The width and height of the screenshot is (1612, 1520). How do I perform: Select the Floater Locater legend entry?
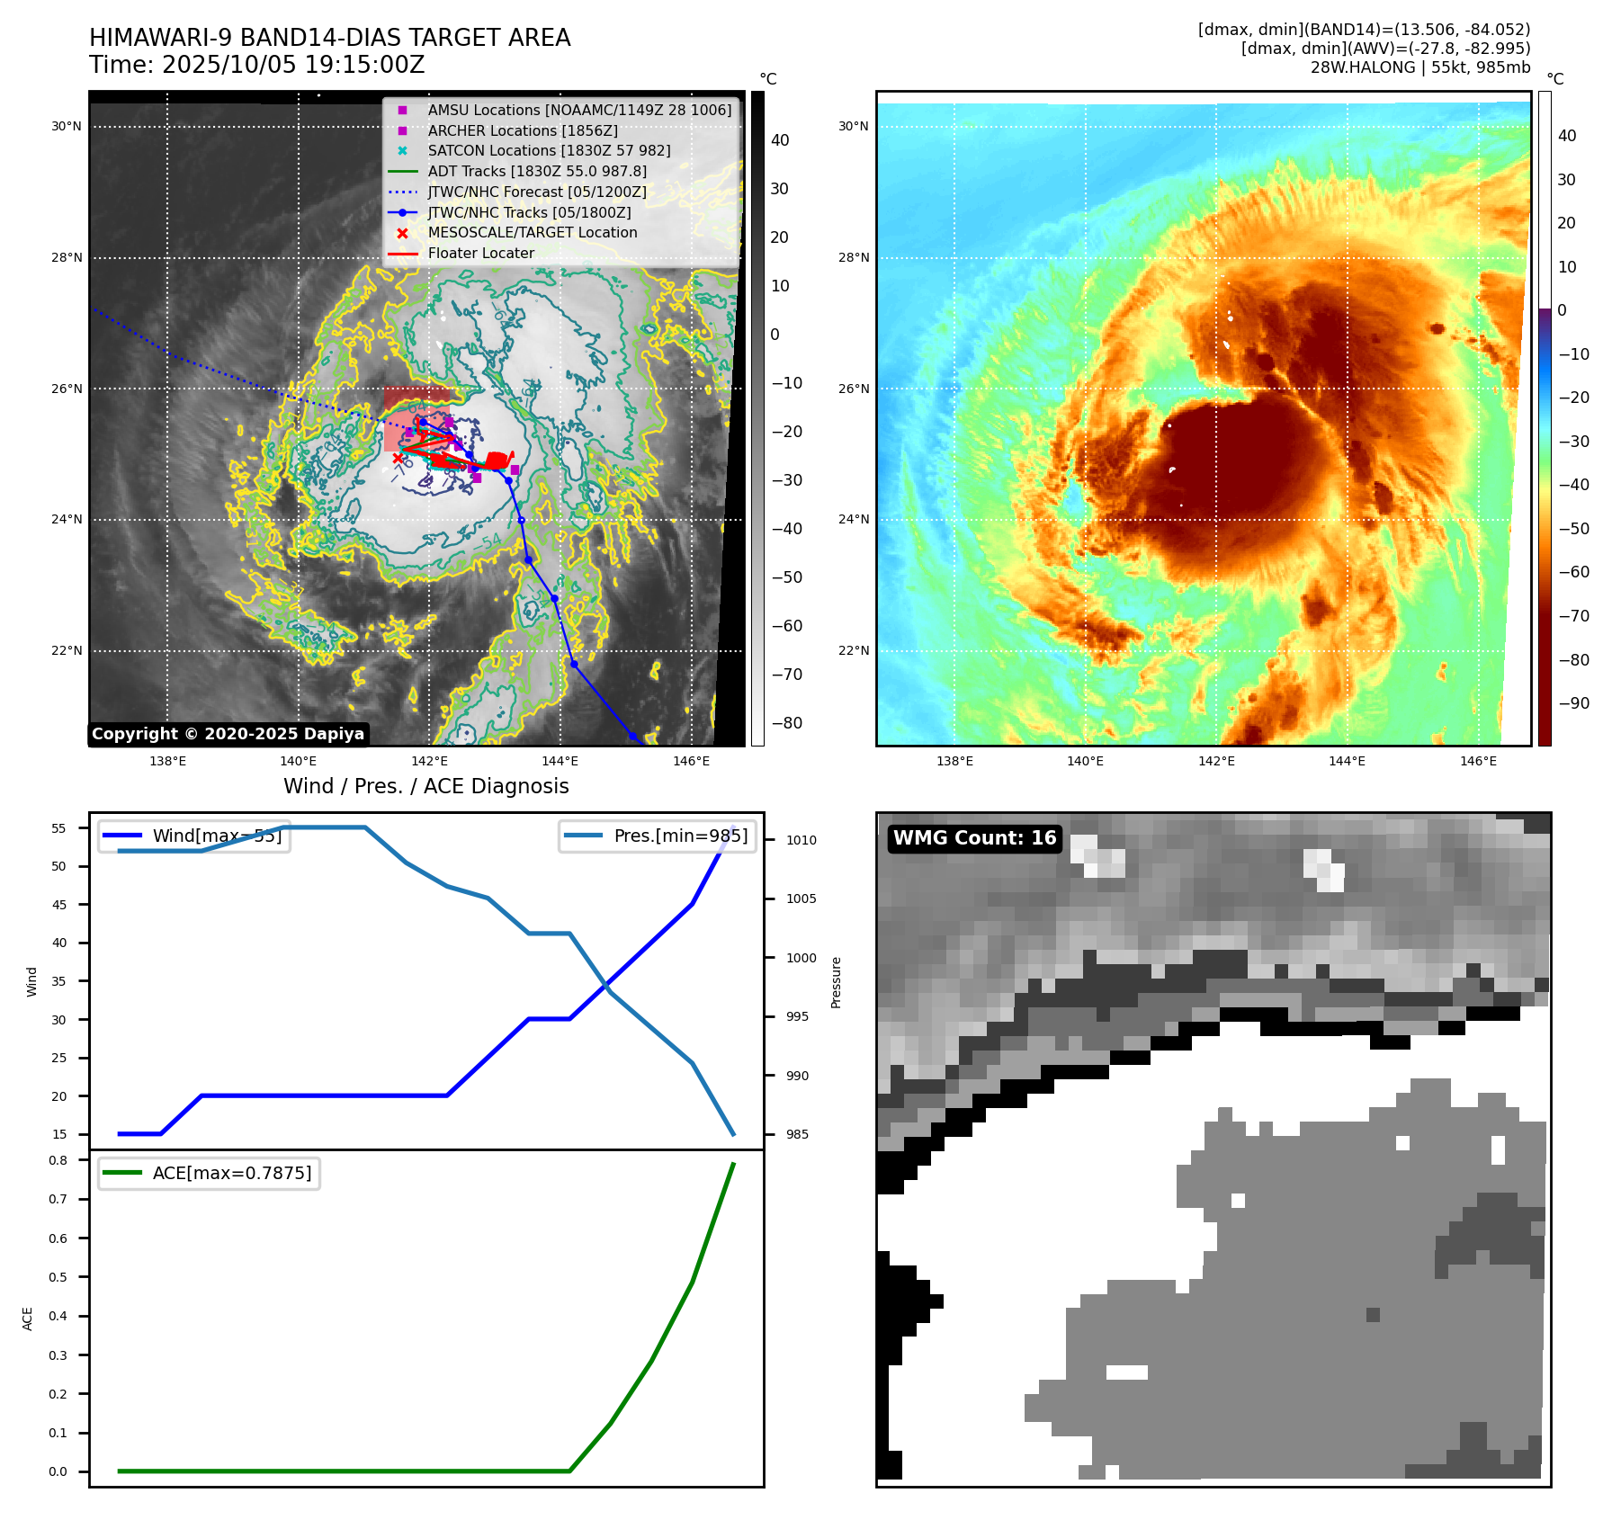point(480,253)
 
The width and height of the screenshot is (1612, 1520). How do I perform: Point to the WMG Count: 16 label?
point(974,838)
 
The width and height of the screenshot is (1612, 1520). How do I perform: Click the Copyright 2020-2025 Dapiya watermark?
point(228,734)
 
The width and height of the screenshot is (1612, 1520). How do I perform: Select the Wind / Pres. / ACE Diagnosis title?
point(425,786)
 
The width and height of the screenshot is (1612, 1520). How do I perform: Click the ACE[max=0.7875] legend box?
point(209,1173)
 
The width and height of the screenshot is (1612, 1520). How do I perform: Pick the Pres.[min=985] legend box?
point(657,836)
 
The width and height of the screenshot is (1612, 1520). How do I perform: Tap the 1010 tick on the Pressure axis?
point(801,840)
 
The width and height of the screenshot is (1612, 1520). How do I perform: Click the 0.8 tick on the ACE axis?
point(58,1160)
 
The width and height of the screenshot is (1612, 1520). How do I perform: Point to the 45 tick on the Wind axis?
point(59,905)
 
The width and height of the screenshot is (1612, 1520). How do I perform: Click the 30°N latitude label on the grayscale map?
point(67,127)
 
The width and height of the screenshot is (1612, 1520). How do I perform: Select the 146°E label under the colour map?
point(1478,761)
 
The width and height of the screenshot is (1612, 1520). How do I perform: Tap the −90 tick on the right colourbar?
point(1574,703)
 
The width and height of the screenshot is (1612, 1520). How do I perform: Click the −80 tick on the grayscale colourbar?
point(786,723)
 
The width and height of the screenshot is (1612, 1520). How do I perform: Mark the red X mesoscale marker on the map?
point(398,459)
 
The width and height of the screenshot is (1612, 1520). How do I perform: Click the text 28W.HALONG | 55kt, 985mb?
point(1419,67)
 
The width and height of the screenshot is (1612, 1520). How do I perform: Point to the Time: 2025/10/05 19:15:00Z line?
point(256,65)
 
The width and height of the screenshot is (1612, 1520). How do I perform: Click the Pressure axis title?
point(836,982)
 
